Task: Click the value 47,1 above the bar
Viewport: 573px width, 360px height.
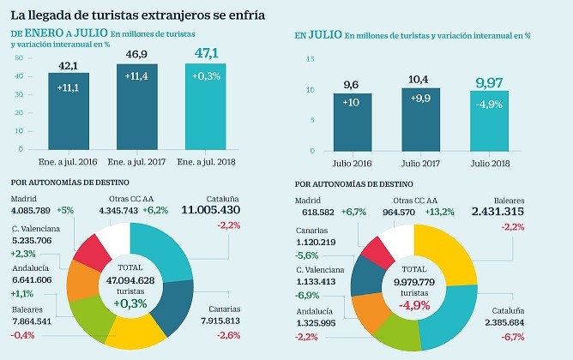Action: click(x=211, y=54)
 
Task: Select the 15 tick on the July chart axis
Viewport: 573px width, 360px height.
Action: click(x=312, y=60)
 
